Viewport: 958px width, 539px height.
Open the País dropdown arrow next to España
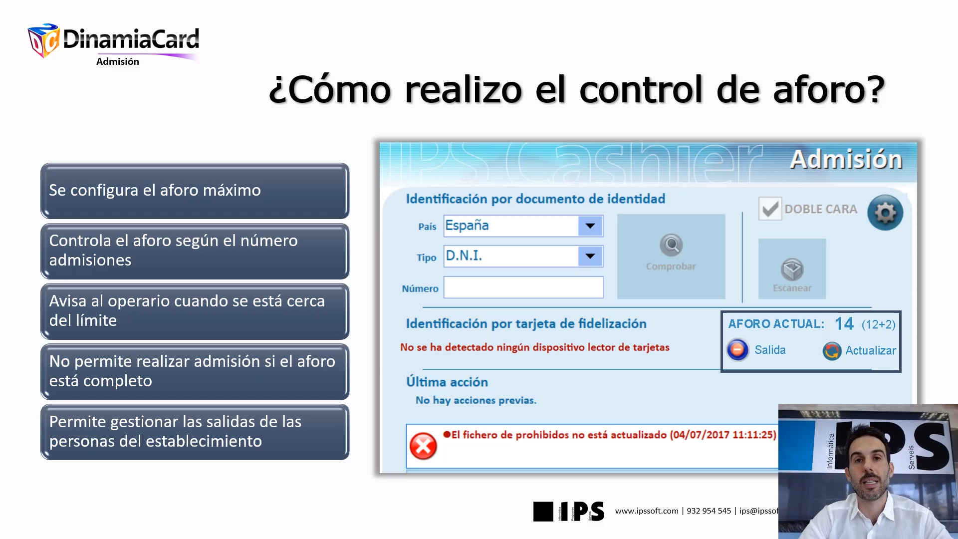pyautogui.click(x=590, y=226)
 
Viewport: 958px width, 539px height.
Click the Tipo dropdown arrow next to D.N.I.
pyautogui.click(x=590, y=256)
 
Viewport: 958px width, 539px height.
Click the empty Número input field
pyautogui.click(x=523, y=287)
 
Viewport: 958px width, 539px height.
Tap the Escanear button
pyautogui.click(x=792, y=269)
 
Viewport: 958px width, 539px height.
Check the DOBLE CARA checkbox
pyautogui.click(x=770, y=209)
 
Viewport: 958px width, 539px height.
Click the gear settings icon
pyautogui.click(x=885, y=213)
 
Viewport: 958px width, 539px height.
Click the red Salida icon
pyautogui.click(x=737, y=350)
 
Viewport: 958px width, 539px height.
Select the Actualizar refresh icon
pyautogui.click(x=832, y=351)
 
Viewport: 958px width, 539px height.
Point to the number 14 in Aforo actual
pyautogui.click(x=844, y=324)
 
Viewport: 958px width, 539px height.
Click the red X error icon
pyautogui.click(x=423, y=446)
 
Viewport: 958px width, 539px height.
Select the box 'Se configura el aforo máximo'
pyautogui.click(x=195, y=191)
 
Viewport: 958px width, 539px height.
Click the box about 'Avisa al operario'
pyautogui.click(x=195, y=311)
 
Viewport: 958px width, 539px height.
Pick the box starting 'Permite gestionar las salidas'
pyautogui.click(x=195, y=432)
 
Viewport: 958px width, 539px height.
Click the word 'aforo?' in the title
pyautogui.click(x=828, y=90)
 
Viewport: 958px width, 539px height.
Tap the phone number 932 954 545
pyautogui.click(x=709, y=511)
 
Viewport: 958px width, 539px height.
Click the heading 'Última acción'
pyautogui.click(x=447, y=382)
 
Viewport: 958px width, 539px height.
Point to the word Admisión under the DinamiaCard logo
pyautogui.click(x=118, y=61)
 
